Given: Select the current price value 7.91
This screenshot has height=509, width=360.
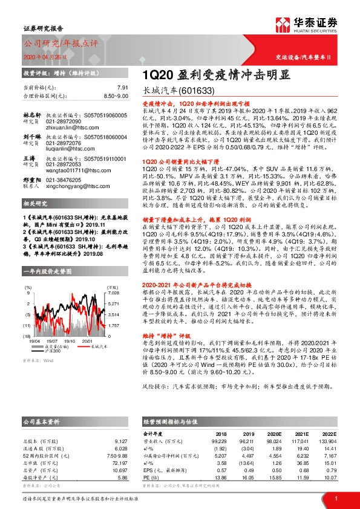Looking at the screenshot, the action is pos(122,88).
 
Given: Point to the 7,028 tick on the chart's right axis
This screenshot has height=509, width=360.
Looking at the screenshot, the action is pos(113,293).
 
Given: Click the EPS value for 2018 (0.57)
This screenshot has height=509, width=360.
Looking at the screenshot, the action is pos(222,470).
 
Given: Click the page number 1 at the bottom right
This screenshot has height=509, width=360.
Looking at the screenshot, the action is pos(335,498).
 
